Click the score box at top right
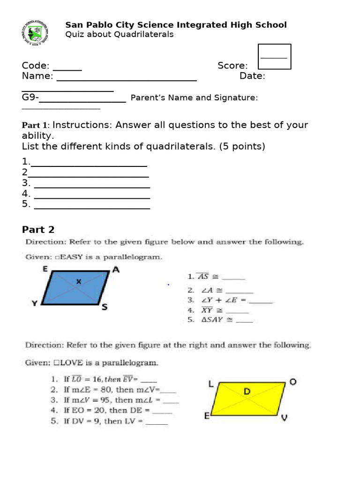click(274, 57)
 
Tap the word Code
click(36, 66)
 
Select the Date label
click(252, 76)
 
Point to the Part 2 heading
click(38, 230)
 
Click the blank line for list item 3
click(92, 183)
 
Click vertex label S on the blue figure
click(105, 307)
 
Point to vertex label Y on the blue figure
click(34, 304)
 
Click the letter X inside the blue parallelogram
click(79, 282)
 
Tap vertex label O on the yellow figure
click(293, 382)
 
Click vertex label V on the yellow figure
click(284, 418)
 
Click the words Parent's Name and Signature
click(194, 98)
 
